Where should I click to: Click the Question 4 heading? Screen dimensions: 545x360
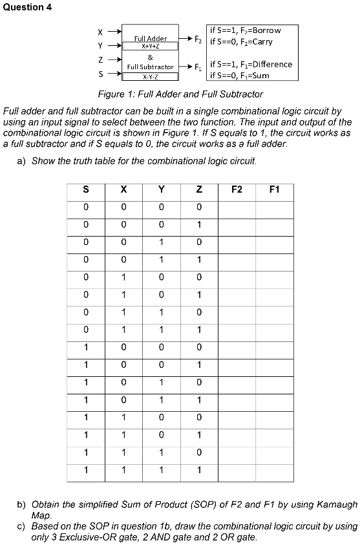(26, 7)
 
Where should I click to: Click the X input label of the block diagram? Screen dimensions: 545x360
(99, 31)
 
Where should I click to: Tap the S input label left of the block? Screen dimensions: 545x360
(99, 74)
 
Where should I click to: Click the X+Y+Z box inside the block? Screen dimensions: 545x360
(150, 47)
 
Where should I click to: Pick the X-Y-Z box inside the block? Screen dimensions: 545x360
(150, 76)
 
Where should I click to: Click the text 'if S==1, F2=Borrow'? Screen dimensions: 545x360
(245, 30)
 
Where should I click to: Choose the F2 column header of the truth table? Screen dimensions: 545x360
(237, 190)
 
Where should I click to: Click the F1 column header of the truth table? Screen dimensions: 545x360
(275, 190)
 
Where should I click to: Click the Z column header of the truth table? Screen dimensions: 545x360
(199, 190)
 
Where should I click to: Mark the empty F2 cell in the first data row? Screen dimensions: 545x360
(237, 207)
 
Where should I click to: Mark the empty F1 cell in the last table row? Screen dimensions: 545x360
(275, 469)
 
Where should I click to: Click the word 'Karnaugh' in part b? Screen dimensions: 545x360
(332, 502)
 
